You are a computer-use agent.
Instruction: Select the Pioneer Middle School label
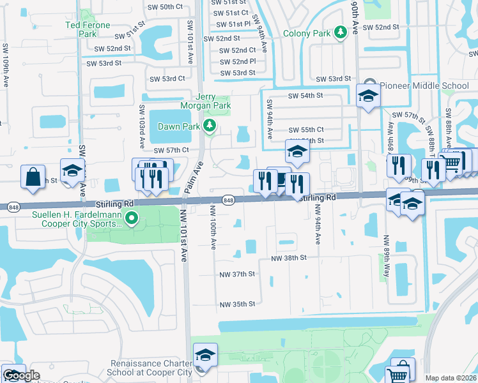[x=424, y=86]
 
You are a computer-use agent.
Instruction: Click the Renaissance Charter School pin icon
[x=206, y=356]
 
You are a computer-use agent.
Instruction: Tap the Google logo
[x=21, y=375]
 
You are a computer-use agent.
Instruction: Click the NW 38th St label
[x=289, y=258]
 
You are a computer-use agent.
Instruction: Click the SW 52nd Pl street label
[x=238, y=61]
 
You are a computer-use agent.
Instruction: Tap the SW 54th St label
[x=305, y=95]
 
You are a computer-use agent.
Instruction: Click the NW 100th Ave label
[x=213, y=227]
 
